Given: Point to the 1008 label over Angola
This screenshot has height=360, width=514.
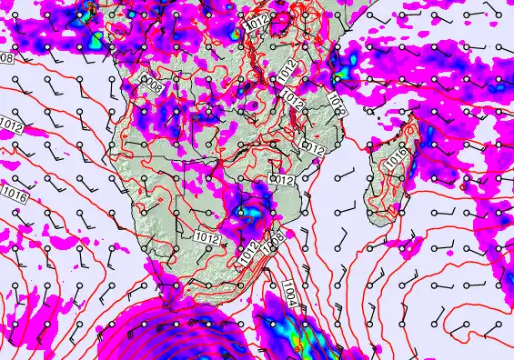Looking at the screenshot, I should pos(153,86).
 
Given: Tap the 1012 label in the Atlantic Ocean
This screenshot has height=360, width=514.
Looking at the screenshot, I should pos(11,124).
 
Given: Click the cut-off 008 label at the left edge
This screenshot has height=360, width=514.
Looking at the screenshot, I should pos(5,58).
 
